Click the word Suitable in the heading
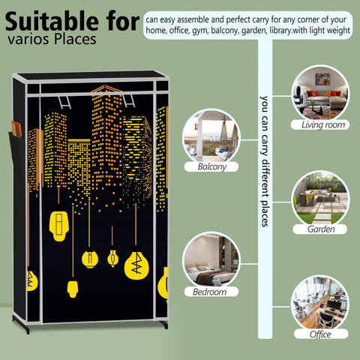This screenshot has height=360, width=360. point(52,22)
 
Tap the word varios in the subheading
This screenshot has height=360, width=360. point(28,40)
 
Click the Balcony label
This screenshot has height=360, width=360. point(211,166)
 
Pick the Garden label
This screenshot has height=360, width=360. point(320,229)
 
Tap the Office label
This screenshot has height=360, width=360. point(321,334)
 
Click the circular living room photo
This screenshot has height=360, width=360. point(320,93)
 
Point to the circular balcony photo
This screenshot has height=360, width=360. point(211,136)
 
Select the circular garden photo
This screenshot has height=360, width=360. point(321,199)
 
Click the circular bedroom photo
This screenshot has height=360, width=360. point(211,260)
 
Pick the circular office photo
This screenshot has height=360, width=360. point(320,303)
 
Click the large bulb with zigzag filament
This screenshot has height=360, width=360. point(136,263)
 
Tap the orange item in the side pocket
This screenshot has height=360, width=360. point(16,129)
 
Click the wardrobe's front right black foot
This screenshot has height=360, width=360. point(164,324)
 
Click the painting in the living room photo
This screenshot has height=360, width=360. point(322,79)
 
